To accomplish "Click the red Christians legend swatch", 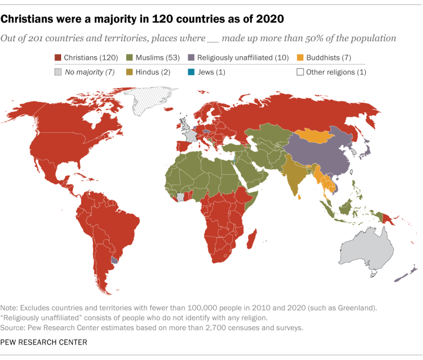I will pyautogui.click(x=57, y=57).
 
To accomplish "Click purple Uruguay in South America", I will pyautogui.click(x=115, y=259).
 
